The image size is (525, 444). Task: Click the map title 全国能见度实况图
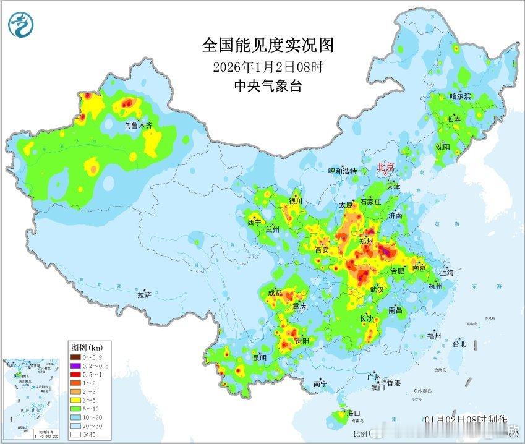point(267,45)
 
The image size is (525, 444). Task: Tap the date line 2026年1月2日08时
point(267,66)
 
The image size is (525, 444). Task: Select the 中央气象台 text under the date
point(267,86)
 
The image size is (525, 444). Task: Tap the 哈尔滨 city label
point(460,96)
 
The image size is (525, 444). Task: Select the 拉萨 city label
point(144,295)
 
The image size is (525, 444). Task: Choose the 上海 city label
point(446,273)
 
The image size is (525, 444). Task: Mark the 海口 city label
point(353,412)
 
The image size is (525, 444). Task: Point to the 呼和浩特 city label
point(342,171)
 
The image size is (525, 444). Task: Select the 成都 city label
point(276,292)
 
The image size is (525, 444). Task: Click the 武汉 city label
point(377,289)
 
